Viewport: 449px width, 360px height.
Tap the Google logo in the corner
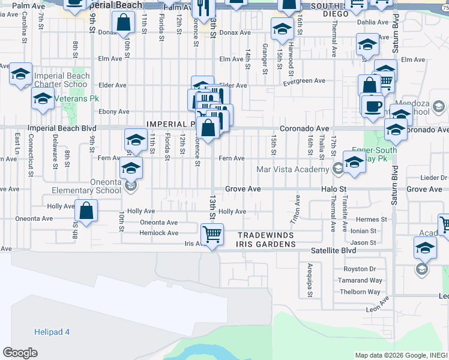20,353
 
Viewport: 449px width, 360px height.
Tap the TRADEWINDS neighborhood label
267,235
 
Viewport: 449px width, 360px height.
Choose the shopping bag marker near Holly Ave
87,211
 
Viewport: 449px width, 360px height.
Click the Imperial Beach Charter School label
62,80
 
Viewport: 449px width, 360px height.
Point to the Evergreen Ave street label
304,81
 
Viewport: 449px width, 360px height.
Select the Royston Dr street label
359,269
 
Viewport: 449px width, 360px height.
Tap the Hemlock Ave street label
159,233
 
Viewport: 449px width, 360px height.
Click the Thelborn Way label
359,292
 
